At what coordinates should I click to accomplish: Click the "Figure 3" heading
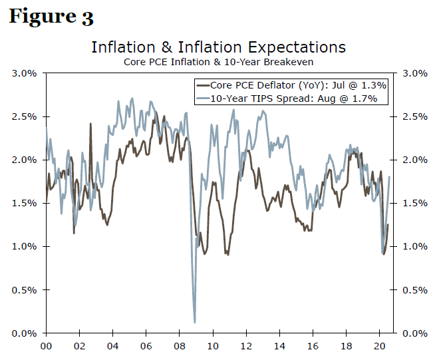(x=51, y=17)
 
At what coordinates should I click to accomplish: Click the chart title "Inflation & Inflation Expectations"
(x=218, y=47)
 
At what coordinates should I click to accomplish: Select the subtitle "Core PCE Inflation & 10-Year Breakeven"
(x=218, y=62)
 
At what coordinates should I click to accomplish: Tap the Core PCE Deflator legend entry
(x=291, y=85)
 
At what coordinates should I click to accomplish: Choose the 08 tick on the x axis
(x=179, y=346)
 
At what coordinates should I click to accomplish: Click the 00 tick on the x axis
(x=46, y=346)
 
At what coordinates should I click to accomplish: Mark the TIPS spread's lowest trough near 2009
(x=195, y=322)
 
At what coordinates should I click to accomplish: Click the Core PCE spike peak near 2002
(x=90, y=123)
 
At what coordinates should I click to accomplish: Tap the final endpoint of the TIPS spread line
(x=389, y=176)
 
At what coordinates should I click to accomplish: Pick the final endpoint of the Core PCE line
(x=388, y=225)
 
